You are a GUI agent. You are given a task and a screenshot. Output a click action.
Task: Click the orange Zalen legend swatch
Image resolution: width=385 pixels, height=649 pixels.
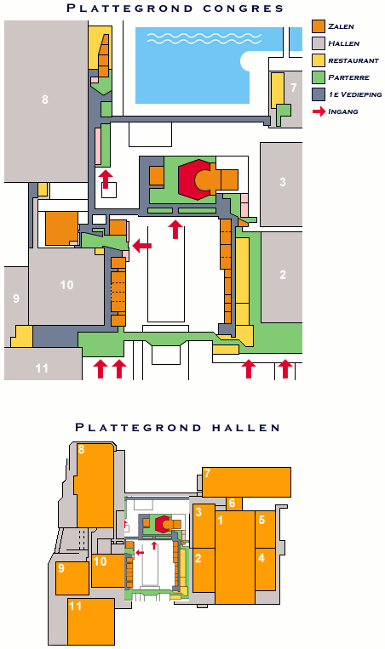[319, 26]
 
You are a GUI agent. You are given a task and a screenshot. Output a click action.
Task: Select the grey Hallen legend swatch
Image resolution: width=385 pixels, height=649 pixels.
[319, 43]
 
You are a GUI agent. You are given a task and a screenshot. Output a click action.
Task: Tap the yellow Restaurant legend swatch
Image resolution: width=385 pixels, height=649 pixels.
[319, 60]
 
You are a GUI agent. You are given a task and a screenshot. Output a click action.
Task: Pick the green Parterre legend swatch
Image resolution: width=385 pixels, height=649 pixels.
[319, 77]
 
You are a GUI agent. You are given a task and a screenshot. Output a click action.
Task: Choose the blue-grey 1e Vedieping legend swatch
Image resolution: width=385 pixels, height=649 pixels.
[319, 94]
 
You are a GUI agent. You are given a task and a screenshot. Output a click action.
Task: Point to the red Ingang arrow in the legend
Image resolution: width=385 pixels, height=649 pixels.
[319, 111]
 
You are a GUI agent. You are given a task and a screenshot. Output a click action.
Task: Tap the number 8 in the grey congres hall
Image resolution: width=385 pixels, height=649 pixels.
[45, 100]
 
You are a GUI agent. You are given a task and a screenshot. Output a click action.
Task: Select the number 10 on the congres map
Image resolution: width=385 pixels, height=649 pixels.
[66, 285]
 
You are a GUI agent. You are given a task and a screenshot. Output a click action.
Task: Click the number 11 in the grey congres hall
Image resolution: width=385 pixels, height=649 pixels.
[42, 368]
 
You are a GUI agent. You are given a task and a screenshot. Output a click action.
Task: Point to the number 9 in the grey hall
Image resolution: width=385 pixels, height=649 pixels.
[16, 298]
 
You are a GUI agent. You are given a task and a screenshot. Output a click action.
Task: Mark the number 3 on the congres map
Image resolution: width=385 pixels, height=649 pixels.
[283, 182]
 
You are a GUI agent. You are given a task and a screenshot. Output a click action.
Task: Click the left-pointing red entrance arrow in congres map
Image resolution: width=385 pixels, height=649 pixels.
[142, 246]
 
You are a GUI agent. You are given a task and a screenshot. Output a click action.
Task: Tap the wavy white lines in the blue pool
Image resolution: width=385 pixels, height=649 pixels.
[204, 38]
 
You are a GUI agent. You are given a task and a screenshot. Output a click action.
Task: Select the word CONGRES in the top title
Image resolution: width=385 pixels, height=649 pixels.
[244, 8]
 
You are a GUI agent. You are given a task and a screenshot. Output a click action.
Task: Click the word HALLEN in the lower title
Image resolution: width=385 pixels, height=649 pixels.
[246, 427]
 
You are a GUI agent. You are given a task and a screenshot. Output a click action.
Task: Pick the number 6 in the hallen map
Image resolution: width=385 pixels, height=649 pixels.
[232, 503]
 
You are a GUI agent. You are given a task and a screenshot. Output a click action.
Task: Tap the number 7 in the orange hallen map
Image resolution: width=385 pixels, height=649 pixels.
[207, 473]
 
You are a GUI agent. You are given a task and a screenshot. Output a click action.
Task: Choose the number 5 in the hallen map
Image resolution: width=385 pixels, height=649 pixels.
[261, 519]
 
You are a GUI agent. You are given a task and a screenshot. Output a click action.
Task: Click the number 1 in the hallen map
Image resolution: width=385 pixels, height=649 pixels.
[220, 520]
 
